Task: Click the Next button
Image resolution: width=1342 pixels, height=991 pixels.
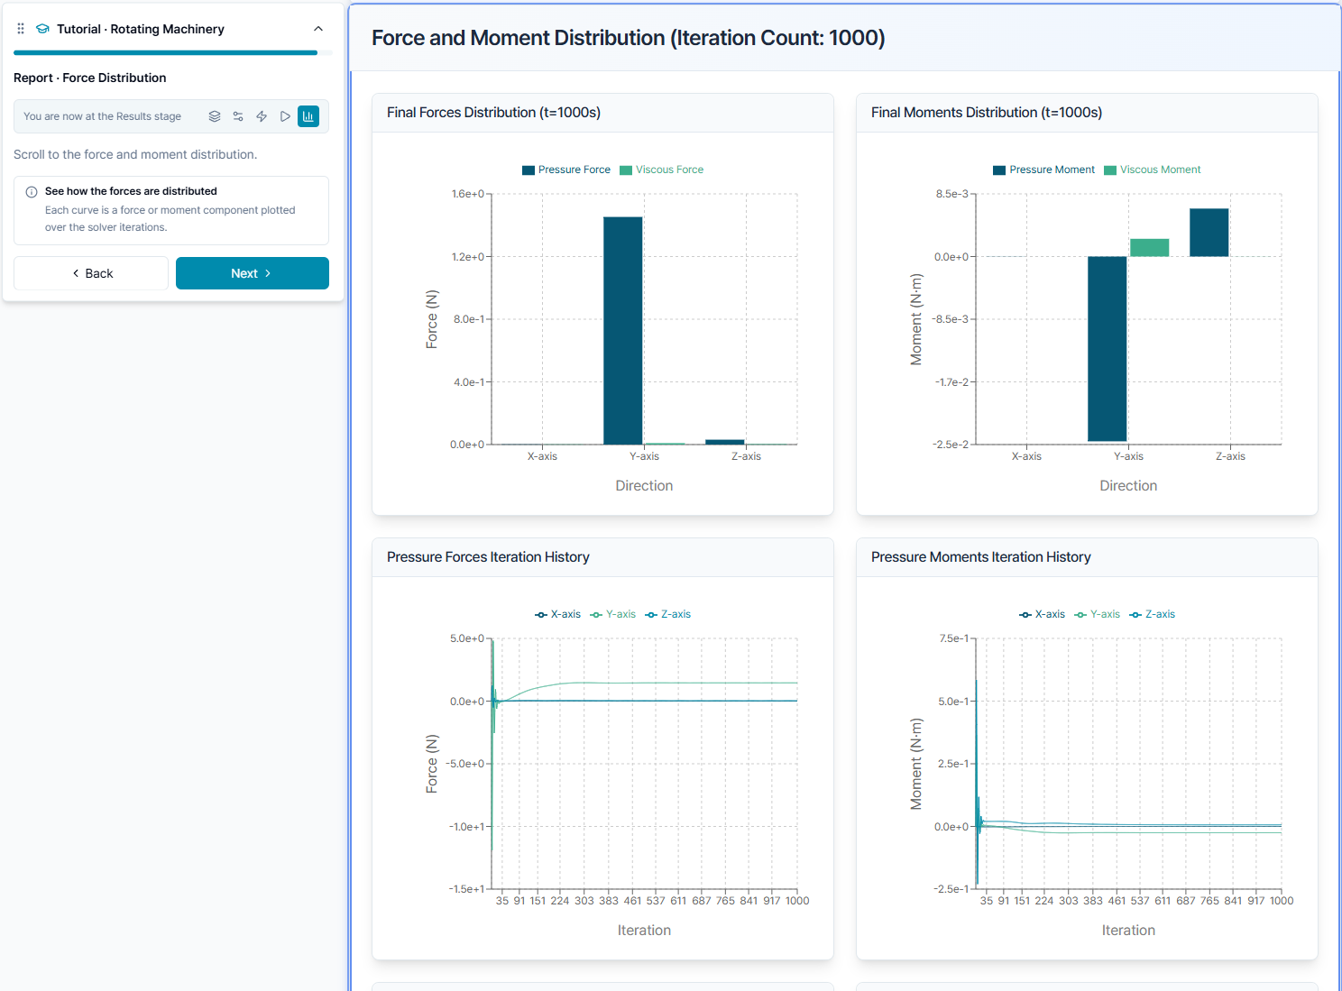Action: [x=253, y=273]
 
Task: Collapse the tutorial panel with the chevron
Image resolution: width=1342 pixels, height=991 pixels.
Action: [x=318, y=29]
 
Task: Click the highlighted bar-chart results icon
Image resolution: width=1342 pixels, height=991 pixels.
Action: [x=308, y=116]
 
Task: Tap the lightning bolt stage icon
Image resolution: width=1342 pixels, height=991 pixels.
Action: [x=262, y=116]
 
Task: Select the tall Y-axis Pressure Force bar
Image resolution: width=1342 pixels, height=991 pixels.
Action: [x=622, y=330]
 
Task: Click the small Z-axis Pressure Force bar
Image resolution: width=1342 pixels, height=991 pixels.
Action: [x=725, y=442]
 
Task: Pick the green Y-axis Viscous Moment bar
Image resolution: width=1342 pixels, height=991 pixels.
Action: [x=1150, y=247]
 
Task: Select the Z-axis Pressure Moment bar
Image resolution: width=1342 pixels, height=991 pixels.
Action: [x=1209, y=233]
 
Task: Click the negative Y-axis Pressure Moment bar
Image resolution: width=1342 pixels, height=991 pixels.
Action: [x=1108, y=349]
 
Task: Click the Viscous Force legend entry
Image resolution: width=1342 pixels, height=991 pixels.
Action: [x=661, y=170]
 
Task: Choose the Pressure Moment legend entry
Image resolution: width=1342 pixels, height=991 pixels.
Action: [x=1043, y=170]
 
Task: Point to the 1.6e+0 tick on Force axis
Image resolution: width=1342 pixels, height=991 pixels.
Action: [x=468, y=194]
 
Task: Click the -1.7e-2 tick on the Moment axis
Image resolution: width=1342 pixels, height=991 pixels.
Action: [x=951, y=381]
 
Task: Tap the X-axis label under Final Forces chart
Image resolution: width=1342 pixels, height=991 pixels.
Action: [x=542, y=456]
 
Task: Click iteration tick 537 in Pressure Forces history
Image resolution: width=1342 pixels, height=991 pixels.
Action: [x=656, y=901]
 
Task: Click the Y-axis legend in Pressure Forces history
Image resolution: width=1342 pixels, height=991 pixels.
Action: [x=613, y=614]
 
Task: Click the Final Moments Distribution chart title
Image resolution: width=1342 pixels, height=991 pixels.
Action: [x=987, y=113]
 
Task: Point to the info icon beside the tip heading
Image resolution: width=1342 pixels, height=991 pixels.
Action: [x=32, y=192]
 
